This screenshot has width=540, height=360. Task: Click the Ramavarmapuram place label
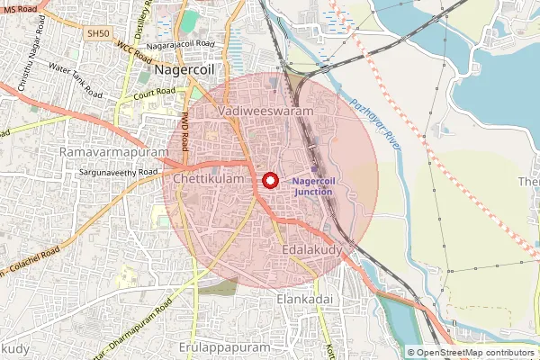coord(114,152)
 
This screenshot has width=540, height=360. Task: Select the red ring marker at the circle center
coord(269,180)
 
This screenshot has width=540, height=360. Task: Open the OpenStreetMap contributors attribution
coord(474,353)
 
